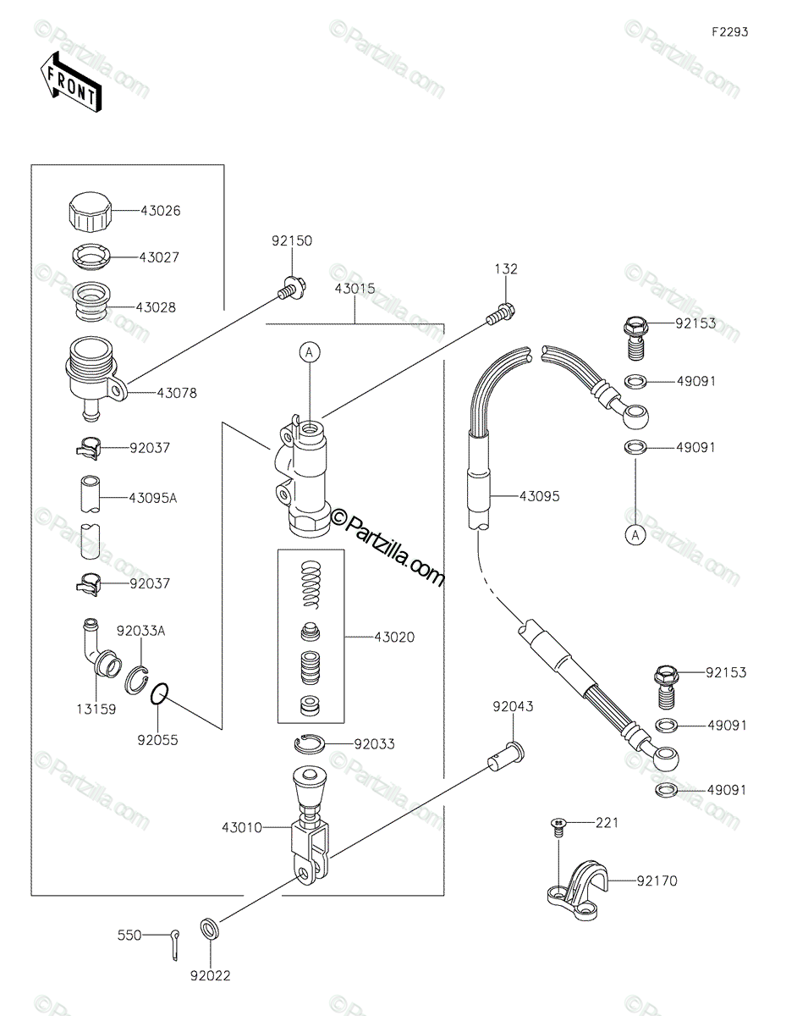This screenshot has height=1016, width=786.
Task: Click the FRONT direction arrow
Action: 70,82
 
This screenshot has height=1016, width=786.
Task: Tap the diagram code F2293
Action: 729,32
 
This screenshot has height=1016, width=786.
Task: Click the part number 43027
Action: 159,257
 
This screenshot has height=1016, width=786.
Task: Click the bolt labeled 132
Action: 501,314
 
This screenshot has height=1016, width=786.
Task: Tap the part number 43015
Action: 355,289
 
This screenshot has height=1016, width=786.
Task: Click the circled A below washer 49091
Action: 635,534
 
